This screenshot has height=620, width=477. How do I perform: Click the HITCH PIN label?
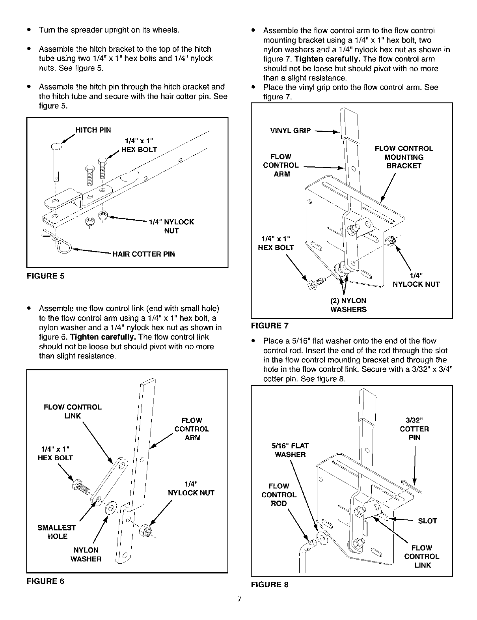pos(93,130)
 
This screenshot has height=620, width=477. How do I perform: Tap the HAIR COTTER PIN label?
pos(143,254)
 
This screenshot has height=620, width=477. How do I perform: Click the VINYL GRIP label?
pos(291,131)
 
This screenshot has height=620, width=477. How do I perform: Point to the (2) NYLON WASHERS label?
pos(348,305)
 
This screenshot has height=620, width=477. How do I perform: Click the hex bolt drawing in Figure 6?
pos(80,487)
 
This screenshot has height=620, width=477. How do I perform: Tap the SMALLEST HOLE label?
pos(57,532)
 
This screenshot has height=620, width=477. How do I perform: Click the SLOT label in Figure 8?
pos(427,521)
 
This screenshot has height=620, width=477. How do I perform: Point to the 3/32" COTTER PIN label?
pos(414,429)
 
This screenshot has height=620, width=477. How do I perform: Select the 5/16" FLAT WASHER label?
pos(290,450)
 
